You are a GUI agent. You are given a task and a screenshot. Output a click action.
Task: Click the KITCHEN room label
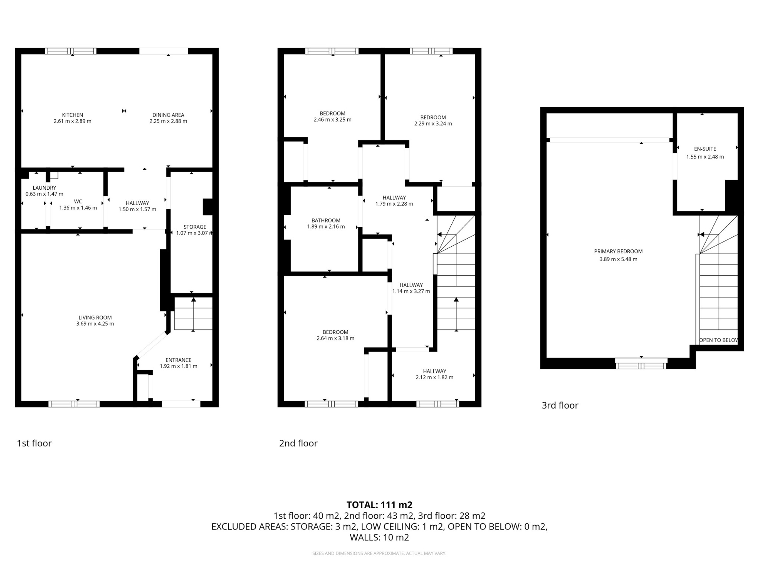pos(72,115)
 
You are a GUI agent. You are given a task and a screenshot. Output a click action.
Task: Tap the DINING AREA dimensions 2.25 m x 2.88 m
pos(168,121)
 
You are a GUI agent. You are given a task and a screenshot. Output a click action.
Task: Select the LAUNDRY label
pos(44,188)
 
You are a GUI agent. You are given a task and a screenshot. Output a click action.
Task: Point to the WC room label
pos(78,202)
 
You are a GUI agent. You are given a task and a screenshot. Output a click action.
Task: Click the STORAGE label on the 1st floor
pos(195,227)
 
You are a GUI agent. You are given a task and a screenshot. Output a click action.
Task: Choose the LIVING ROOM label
pos(95,317)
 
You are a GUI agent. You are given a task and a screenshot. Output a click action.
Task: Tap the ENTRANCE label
pos(178,360)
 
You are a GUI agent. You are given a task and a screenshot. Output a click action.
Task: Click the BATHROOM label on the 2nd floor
pos(326,220)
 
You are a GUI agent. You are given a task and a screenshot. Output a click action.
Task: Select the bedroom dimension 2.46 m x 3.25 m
pos(332,120)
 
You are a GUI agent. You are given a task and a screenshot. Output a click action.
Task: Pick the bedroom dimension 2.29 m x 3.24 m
pos(433,124)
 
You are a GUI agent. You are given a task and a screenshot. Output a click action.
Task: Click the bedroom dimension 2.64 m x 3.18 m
pos(335,338)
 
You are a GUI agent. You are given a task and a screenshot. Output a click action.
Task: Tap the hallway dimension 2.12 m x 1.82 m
pos(434,377)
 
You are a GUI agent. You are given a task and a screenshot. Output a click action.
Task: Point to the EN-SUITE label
pos(705,149)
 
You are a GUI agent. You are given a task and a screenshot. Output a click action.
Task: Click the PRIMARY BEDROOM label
pos(618,251)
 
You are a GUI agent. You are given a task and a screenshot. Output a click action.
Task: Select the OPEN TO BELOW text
pos(718,340)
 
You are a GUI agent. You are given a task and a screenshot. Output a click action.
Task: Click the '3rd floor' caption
pos(560,405)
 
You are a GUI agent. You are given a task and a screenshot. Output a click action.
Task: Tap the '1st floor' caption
pos(34,443)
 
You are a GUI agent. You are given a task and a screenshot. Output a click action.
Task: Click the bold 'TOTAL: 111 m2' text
pos(379,505)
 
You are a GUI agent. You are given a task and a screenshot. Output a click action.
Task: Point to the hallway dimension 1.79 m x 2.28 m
pos(394,204)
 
